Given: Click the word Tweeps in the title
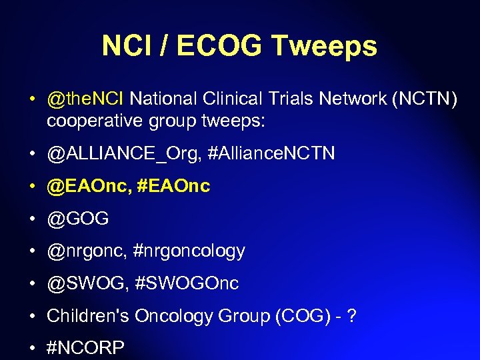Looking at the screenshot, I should (x=324, y=47).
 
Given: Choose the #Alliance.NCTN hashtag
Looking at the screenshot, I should (x=271, y=155).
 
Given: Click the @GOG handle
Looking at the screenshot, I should (x=77, y=219).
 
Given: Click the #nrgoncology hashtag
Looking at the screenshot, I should (x=188, y=251).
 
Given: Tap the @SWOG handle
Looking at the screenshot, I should (x=85, y=283).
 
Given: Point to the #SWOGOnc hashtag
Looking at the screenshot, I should (x=187, y=283).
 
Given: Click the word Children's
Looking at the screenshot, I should (x=88, y=315).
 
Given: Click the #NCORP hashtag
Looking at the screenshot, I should (x=85, y=347).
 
